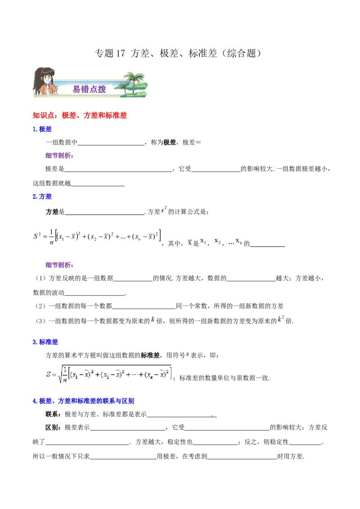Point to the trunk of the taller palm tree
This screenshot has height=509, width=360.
click(135, 88)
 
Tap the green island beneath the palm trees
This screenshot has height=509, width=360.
click(135, 95)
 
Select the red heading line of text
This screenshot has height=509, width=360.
click(81, 116)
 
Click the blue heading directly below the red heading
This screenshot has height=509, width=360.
click(43, 129)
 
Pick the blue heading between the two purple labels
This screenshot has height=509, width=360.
click(43, 196)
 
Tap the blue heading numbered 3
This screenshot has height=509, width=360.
click(46, 342)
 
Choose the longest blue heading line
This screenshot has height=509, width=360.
click(84, 401)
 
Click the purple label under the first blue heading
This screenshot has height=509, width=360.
click(59, 156)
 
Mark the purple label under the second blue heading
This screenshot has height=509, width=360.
click(59, 265)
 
